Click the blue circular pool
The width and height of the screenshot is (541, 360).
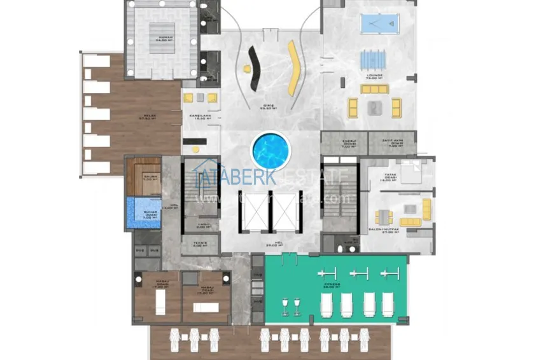click(x=270, y=151)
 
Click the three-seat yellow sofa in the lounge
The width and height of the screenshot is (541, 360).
click(x=374, y=89)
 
